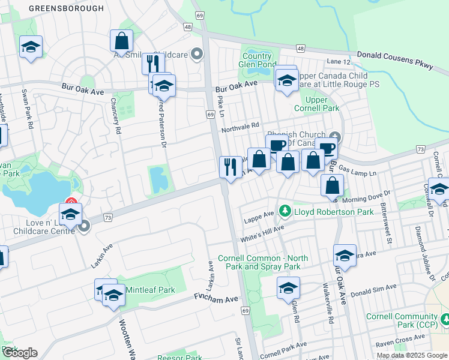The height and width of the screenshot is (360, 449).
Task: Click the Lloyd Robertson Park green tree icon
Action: (x=285, y=212)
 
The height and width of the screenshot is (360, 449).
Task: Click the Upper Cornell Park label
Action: (x=316, y=104)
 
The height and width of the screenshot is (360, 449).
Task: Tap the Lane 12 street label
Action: (x=339, y=62)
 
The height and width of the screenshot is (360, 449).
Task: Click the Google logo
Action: (x=20, y=353)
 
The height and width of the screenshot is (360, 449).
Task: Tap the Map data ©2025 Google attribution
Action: (x=412, y=355)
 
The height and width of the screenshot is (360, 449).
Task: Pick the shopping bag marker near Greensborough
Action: (x=121, y=41)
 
